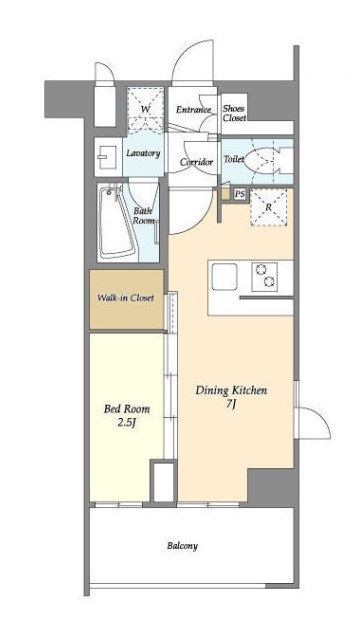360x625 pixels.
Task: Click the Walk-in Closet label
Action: (x=126, y=298)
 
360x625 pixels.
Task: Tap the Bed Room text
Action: (x=127, y=409)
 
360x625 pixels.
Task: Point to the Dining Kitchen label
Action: (x=231, y=390)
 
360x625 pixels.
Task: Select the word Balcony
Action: (x=182, y=546)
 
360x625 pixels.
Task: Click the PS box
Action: (x=240, y=195)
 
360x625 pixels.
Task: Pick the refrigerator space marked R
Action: (x=268, y=207)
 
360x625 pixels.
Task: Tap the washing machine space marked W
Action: (x=146, y=109)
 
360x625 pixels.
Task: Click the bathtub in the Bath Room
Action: (x=116, y=222)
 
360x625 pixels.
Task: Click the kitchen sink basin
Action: (x=224, y=276)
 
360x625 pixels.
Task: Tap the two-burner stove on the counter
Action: (x=264, y=277)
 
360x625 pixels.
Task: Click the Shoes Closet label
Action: (x=234, y=113)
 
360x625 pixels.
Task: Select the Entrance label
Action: (x=193, y=110)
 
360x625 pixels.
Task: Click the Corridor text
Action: (x=196, y=162)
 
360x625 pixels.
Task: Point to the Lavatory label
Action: (x=143, y=153)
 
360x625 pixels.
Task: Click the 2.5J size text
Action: (x=127, y=423)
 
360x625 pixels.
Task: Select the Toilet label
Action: (x=234, y=159)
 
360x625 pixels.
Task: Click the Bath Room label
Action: (x=144, y=216)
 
